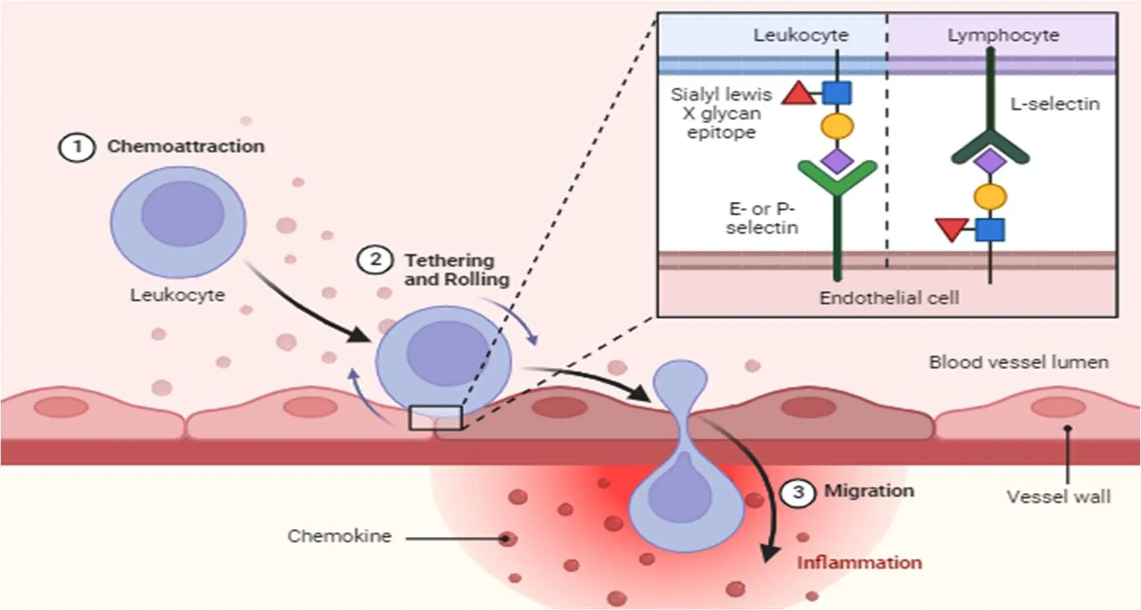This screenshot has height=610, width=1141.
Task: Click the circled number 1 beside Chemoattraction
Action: [x=77, y=147]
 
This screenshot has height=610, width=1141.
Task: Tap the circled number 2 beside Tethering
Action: [x=375, y=259]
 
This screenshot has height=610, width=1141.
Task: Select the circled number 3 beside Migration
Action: [x=798, y=492]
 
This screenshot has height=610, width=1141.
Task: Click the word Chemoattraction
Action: [x=186, y=146]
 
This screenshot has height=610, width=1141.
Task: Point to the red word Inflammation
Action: [x=859, y=563]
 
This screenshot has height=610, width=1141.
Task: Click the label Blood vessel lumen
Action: [x=1019, y=362]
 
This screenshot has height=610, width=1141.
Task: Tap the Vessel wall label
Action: [x=1059, y=497]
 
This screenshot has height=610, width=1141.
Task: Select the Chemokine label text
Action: [x=339, y=536]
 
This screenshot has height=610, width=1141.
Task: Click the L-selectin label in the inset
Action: [x=1055, y=104]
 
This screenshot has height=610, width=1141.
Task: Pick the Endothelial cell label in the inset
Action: [x=889, y=298]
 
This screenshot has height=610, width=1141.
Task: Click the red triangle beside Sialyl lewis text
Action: [x=799, y=93]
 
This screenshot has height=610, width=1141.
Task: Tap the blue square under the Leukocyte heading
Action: [x=837, y=92]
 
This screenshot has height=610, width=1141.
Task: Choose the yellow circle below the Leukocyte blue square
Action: [x=837, y=126]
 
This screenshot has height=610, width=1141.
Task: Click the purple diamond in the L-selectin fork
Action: [x=990, y=161]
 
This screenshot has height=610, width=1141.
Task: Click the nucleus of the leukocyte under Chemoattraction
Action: [x=183, y=214]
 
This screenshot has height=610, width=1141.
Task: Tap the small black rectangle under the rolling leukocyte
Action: [x=435, y=418]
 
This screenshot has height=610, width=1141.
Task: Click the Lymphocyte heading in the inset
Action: [x=1003, y=35]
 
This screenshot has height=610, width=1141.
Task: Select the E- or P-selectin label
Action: [x=762, y=218]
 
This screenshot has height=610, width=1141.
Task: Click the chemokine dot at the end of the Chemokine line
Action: [x=507, y=539]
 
